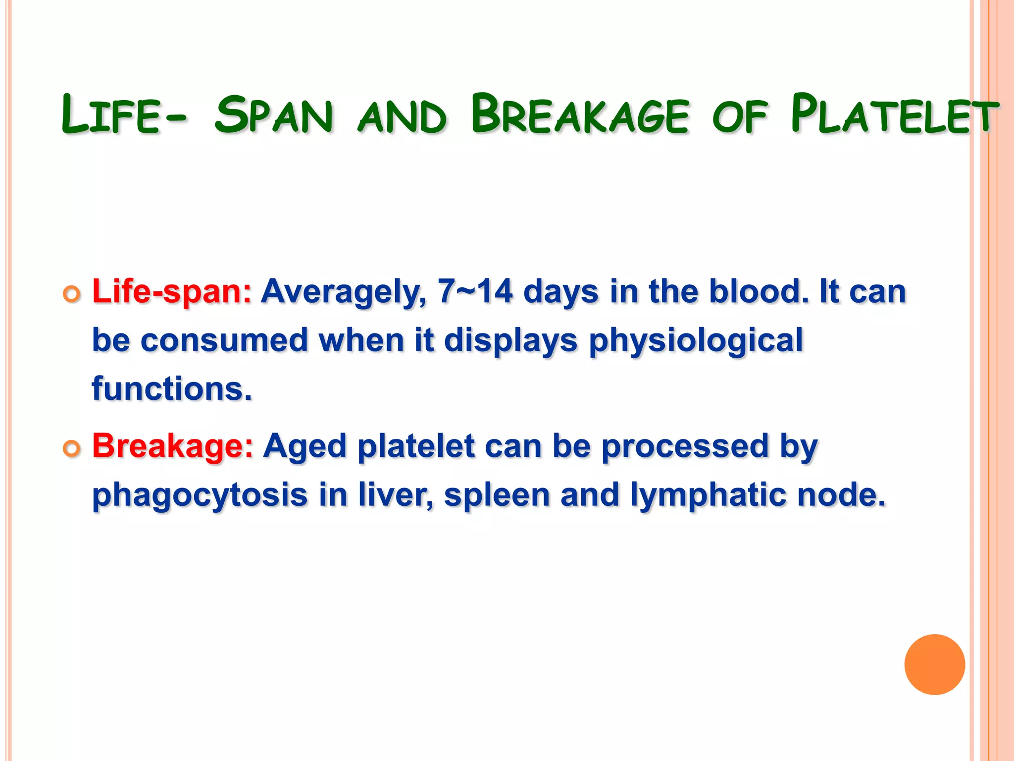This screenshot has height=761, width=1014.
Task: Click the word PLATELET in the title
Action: tap(894, 115)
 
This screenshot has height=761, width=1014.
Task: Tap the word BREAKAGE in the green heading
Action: tap(580, 115)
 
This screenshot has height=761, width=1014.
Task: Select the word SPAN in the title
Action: tap(274, 115)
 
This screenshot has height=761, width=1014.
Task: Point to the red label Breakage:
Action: tap(173, 446)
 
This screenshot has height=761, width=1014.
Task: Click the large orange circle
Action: tap(934, 664)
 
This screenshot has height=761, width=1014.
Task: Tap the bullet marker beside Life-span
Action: tap(72, 294)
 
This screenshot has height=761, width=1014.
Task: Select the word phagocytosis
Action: tap(200, 496)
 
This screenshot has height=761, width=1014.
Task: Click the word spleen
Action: tap(497, 496)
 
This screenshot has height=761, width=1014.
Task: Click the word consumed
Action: tap(224, 341)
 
